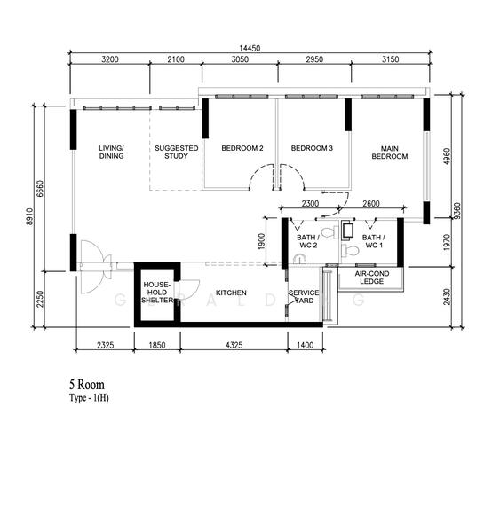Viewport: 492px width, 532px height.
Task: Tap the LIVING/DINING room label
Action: [111, 152]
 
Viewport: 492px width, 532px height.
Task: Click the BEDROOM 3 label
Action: [312, 148]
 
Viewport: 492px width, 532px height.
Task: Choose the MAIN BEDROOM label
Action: [389, 152]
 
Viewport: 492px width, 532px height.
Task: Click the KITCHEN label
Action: [230, 293]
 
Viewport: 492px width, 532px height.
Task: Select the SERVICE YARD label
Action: [305, 296]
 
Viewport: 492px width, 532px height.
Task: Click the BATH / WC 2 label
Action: [307, 241]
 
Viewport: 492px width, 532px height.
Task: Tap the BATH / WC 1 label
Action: [373, 241]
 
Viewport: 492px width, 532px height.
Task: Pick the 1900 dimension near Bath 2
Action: [261, 241]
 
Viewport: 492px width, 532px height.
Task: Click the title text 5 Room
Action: [86, 386]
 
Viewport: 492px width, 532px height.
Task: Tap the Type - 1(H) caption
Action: [89, 399]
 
